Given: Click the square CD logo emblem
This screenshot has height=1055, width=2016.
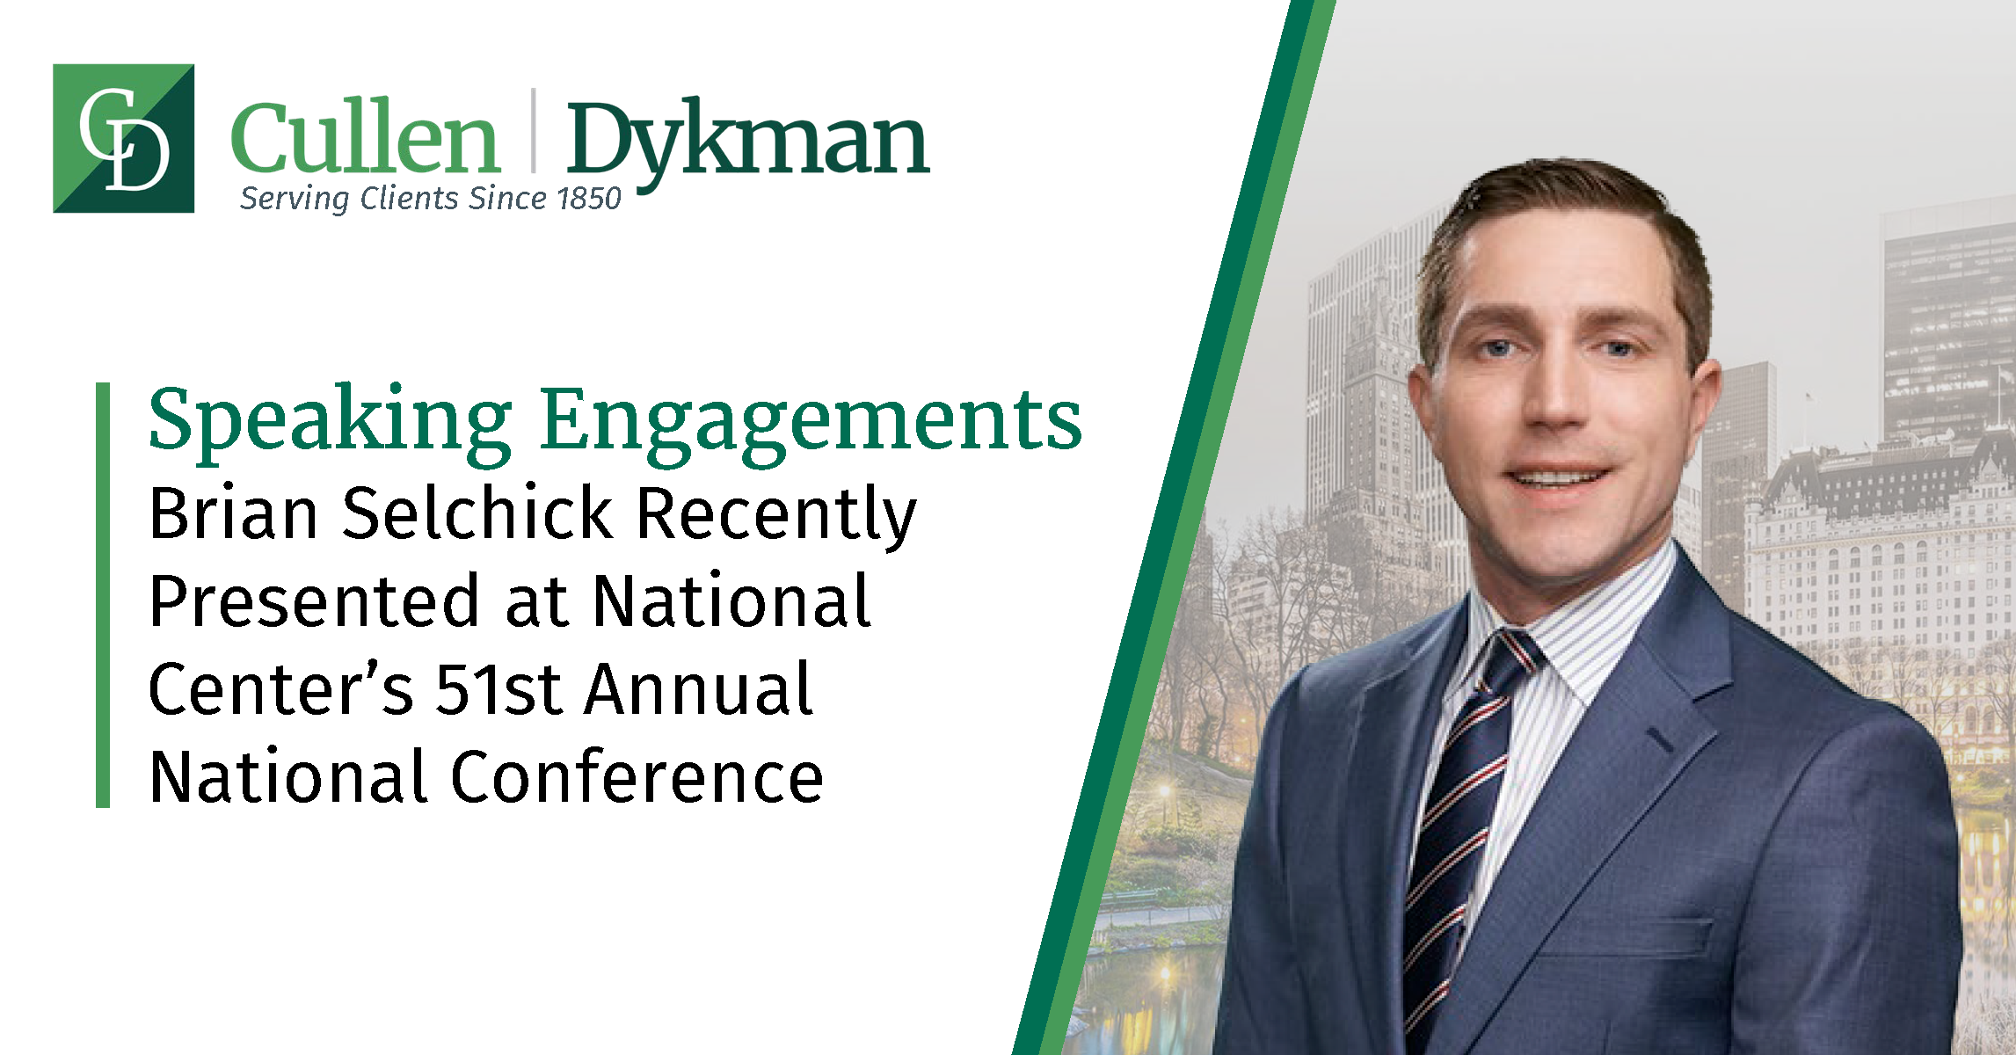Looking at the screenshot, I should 123,138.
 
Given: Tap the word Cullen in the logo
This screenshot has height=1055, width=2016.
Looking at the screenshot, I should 365,138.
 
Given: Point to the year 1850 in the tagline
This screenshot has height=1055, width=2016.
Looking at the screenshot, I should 589,199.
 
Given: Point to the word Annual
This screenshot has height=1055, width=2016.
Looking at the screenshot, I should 700,689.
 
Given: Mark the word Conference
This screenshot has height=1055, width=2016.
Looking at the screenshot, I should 637,777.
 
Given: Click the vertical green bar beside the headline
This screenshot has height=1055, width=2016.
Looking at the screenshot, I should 103,594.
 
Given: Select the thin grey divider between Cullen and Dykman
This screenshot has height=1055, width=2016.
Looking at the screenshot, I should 533,130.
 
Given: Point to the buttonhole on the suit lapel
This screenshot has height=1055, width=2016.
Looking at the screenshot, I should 1659,739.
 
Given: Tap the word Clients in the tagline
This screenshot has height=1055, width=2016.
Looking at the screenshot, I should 410,199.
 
